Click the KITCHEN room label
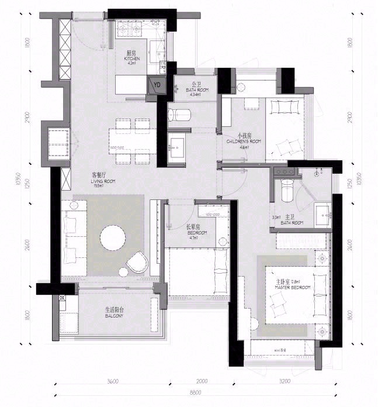tap(131, 58)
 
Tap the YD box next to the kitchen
tap(157, 85)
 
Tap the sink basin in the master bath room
tap(322, 214)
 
